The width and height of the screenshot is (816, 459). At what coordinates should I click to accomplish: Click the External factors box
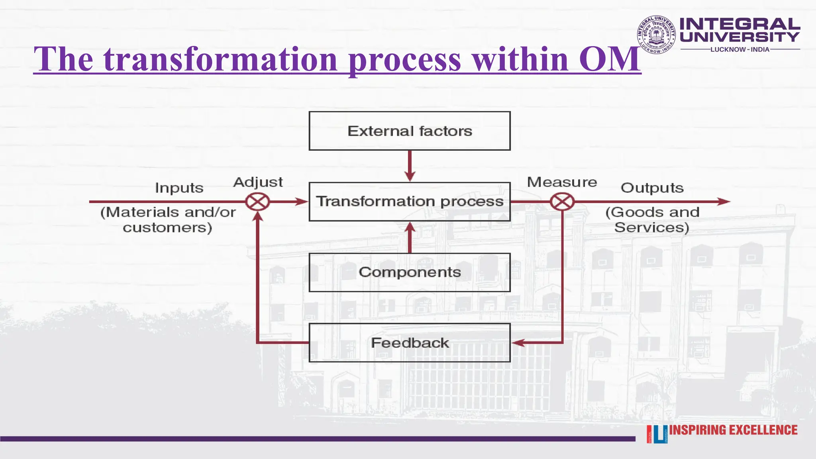click(x=410, y=131)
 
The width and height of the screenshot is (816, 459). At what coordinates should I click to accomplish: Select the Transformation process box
click(x=410, y=202)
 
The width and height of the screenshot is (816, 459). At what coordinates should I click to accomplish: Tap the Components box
click(x=410, y=273)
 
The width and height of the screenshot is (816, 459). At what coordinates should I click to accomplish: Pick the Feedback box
click(x=410, y=343)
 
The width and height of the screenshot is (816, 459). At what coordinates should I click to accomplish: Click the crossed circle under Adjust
click(x=257, y=202)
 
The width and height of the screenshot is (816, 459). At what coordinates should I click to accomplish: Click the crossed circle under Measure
click(x=562, y=202)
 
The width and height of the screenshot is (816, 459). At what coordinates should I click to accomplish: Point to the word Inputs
click(x=179, y=188)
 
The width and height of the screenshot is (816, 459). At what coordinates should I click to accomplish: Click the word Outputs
click(x=652, y=188)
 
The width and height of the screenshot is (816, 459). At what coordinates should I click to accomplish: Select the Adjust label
click(x=258, y=182)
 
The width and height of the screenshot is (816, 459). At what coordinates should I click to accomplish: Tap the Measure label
click(x=562, y=182)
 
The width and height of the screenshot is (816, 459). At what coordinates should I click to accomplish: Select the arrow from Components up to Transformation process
click(x=410, y=237)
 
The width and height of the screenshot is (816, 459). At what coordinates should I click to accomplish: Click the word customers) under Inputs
click(x=167, y=228)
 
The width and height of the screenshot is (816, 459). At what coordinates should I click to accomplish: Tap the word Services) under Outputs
click(x=651, y=228)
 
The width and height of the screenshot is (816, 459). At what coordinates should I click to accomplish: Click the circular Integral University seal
click(x=656, y=35)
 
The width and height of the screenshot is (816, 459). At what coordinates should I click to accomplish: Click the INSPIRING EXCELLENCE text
click(x=733, y=430)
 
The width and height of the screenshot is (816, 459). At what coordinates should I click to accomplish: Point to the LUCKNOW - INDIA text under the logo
click(x=740, y=49)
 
